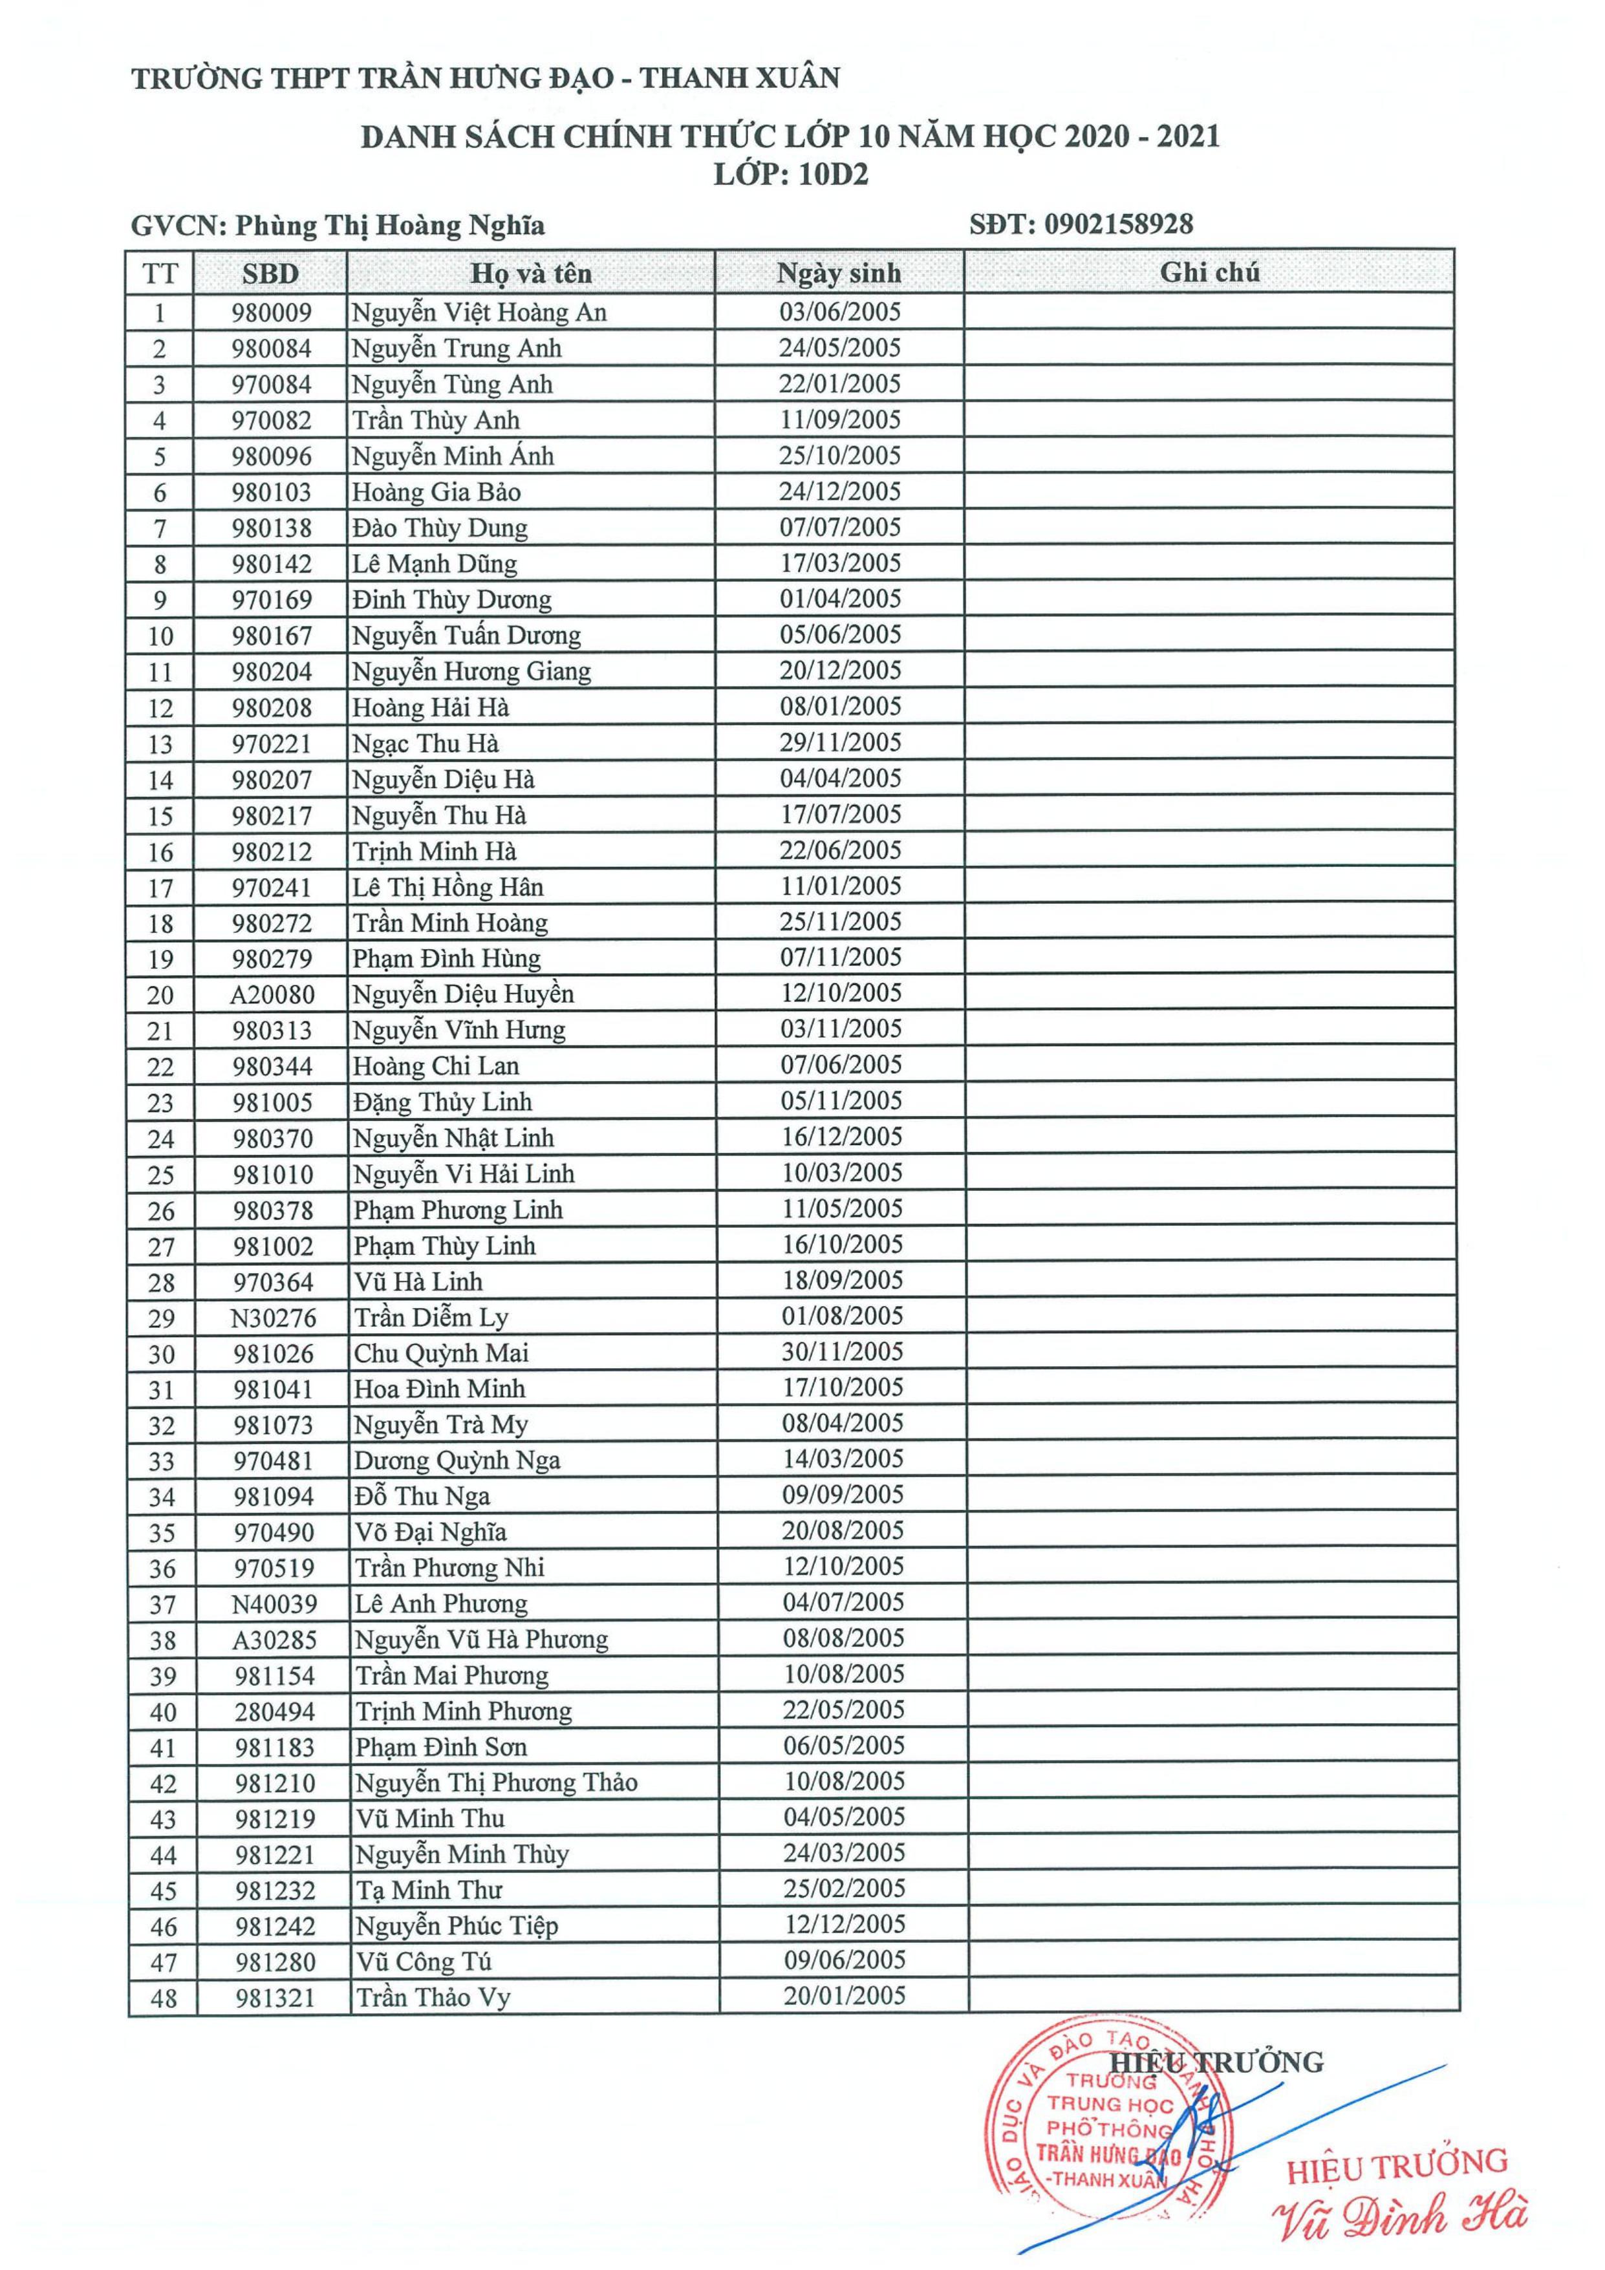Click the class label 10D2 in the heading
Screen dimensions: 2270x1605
tap(834, 175)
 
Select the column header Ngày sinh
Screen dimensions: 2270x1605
tap(839, 273)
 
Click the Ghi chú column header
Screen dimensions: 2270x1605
tap(1209, 272)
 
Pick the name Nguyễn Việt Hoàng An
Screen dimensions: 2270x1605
tap(480, 312)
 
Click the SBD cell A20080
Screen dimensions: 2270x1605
tap(272, 994)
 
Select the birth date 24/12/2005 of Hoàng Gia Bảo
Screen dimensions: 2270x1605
tap(839, 491)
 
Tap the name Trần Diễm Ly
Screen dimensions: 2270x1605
tap(431, 1318)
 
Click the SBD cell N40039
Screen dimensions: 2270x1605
tap(274, 1603)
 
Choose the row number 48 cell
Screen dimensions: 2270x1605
tap(163, 1998)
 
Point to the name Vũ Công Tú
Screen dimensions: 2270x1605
tap(424, 1962)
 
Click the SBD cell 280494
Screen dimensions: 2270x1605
tap(275, 1711)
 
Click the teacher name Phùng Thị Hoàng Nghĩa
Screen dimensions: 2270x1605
tap(390, 226)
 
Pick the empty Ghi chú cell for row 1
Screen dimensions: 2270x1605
tap(1209, 312)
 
